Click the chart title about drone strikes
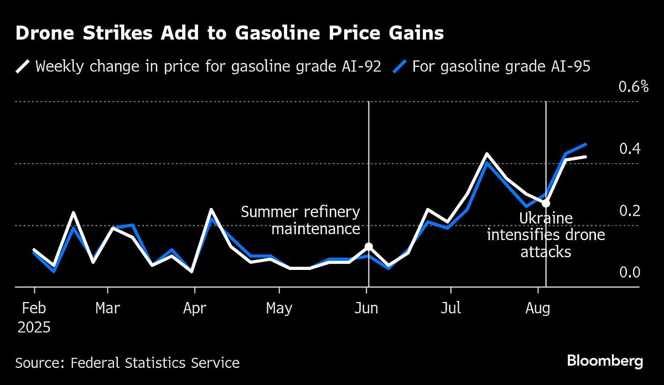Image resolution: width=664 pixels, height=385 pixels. (x=229, y=34)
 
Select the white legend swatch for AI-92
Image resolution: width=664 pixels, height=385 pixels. (x=22, y=67)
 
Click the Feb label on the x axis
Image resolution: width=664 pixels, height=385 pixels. (x=34, y=308)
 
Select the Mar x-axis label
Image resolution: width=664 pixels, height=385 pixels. (x=107, y=308)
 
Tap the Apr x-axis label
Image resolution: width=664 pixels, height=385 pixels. (x=194, y=308)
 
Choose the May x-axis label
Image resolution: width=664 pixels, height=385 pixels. (x=279, y=308)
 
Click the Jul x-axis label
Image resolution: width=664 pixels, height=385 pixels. (x=451, y=308)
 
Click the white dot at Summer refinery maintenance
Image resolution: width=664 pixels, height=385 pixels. (x=369, y=247)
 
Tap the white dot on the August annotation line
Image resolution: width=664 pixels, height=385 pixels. (x=546, y=203)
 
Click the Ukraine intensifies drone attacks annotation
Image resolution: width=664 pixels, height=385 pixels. (x=546, y=235)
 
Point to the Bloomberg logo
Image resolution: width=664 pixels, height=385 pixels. (x=605, y=362)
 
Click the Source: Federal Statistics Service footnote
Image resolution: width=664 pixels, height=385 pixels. (x=127, y=363)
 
